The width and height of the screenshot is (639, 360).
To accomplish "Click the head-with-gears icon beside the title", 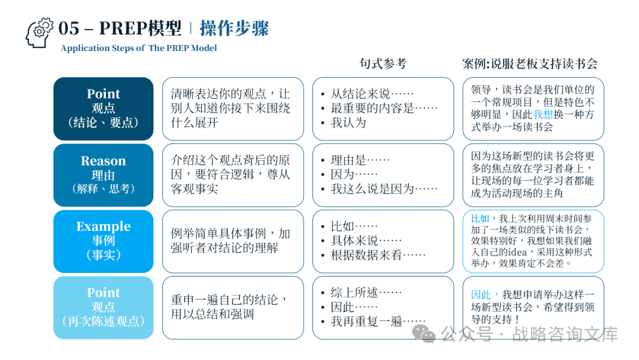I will click(39, 33).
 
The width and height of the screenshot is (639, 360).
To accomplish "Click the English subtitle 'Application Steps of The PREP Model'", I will click(138, 49).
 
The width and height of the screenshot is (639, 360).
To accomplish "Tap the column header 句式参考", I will click(383, 63).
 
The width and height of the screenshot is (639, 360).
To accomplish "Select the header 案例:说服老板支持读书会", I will click(530, 63).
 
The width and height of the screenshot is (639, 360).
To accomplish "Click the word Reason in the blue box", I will click(104, 161).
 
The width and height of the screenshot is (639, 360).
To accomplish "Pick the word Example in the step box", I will click(104, 227).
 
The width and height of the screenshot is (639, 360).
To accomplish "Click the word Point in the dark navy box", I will click(104, 94).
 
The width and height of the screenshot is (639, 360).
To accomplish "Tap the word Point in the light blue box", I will click(104, 292).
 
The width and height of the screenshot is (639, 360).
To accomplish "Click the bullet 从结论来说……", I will click(372, 94).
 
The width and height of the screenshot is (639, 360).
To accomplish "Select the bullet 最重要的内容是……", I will click(384, 108).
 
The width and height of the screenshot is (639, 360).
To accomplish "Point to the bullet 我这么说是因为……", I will click(384, 188).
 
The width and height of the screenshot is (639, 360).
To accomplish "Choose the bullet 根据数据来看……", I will click(378, 255).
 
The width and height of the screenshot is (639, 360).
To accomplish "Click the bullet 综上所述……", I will click(366, 292).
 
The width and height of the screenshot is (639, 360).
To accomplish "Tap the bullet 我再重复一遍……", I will click(378, 322).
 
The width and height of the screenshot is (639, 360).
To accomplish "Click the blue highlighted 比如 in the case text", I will click(480, 218).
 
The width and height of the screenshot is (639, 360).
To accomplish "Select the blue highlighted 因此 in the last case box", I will click(480, 294).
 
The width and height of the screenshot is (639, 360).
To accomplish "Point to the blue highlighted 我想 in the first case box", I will click(543, 115).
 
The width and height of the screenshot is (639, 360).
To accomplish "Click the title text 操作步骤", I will click(234, 28).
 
